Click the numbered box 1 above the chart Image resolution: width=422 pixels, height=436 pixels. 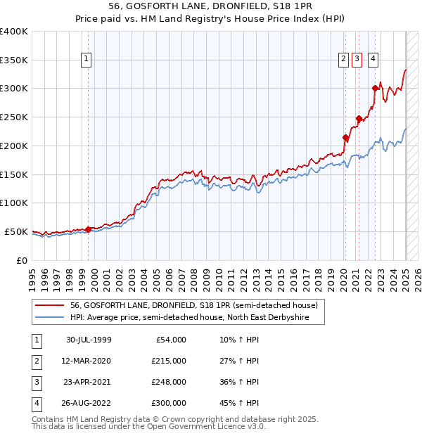coord(86,60)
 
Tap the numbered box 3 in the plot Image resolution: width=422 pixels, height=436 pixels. coord(357,60)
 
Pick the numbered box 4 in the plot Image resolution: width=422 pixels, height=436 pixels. coord(373,60)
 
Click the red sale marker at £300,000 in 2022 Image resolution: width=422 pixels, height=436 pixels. coord(375,88)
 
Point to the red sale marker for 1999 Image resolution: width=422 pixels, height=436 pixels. coord(88,229)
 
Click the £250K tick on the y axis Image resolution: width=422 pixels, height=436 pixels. coord(14,117)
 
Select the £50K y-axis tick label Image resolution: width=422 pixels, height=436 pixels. coord(16,231)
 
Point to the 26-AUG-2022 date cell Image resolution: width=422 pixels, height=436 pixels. coord(89,403)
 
